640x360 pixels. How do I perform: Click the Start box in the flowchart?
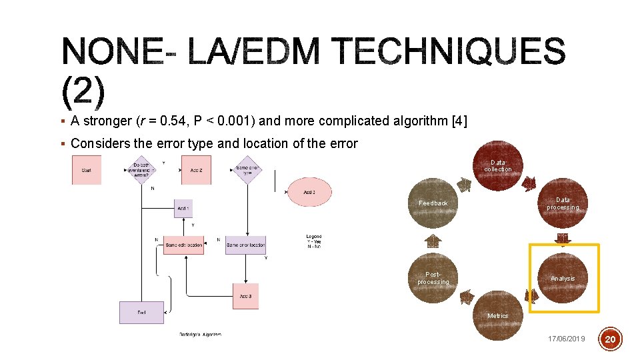click(86, 170)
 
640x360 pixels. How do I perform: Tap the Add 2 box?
click(196, 170)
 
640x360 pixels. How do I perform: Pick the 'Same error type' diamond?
click(247, 169)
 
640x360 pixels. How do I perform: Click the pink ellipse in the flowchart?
click(309, 192)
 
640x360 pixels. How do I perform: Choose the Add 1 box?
click(183, 209)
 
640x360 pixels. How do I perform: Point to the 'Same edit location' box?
click(183, 245)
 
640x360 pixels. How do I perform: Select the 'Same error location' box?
click(245, 245)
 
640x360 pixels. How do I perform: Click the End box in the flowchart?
click(141, 312)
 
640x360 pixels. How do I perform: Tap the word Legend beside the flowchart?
click(313, 237)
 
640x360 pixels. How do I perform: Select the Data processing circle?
click(562, 203)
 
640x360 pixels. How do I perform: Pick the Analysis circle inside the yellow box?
click(562, 278)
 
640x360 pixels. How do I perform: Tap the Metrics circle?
click(497, 315)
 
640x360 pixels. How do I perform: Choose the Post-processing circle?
click(433, 278)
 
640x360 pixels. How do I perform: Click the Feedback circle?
click(433, 203)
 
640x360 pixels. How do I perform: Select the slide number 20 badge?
click(611, 340)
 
